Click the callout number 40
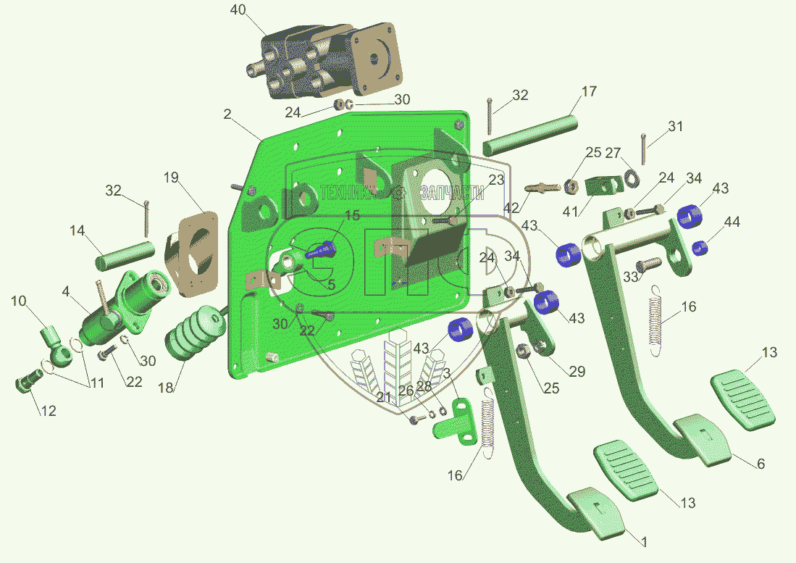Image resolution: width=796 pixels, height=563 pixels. pos(238,10)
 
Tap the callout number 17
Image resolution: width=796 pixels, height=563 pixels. pos(589,92)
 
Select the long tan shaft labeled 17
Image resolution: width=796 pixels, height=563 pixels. pos(529,131)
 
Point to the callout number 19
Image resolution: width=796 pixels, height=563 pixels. pos(170,178)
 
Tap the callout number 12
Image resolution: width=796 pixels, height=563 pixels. pos(48,411)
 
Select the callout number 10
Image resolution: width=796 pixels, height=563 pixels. pos(18,301)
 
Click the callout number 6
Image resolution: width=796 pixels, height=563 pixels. pos(761,464)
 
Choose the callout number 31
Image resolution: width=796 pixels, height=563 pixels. pos(675,126)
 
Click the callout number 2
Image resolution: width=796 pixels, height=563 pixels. pos(227,114)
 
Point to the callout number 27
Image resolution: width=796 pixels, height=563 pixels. pos(613,153)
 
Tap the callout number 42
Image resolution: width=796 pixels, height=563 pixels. pos(511,207)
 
